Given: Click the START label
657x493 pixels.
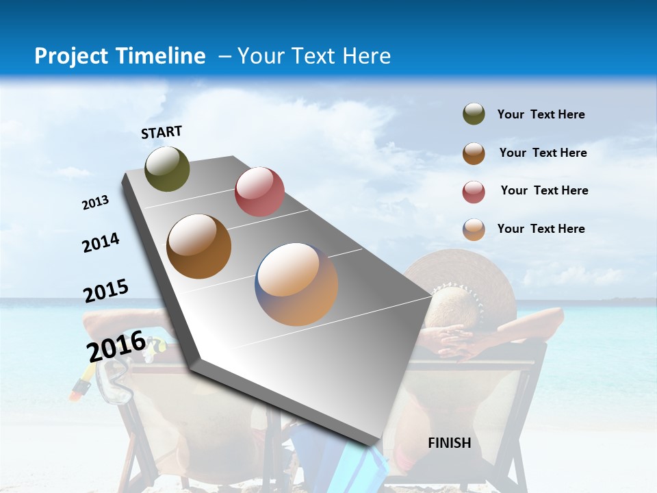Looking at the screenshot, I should [x=162, y=132].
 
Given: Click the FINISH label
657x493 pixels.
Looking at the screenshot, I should [x=449, y=443].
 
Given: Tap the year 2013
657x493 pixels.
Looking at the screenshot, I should [x=95, y=203].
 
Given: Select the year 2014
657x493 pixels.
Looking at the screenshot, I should [x=101, y=243].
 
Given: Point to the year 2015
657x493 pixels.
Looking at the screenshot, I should [x=105, y=291].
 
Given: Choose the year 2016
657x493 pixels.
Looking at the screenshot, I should [x=116, y=346].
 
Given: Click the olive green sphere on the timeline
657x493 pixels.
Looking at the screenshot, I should [x=167, y=168].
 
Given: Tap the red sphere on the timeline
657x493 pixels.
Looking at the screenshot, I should [x=259, y=192].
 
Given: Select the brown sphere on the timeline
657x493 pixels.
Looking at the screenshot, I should [x=199, y=246].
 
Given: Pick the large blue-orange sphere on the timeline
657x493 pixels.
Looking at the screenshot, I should [x=296, y=284].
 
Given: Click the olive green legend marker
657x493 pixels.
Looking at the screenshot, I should [x=474, y=114].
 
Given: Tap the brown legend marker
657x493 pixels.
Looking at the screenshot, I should [x=474, y=153].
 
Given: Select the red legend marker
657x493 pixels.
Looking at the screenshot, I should [x=474, y=192].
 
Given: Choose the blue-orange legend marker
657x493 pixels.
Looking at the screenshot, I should [x=474, y=229].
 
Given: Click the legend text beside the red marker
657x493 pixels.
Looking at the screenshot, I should [x=544, y=190].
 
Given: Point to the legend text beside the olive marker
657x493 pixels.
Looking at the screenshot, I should [x=541, y=114].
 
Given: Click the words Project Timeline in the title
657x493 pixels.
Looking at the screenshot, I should [x=120, y=56].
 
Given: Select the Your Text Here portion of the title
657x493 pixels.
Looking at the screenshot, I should [x=313, y=56].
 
